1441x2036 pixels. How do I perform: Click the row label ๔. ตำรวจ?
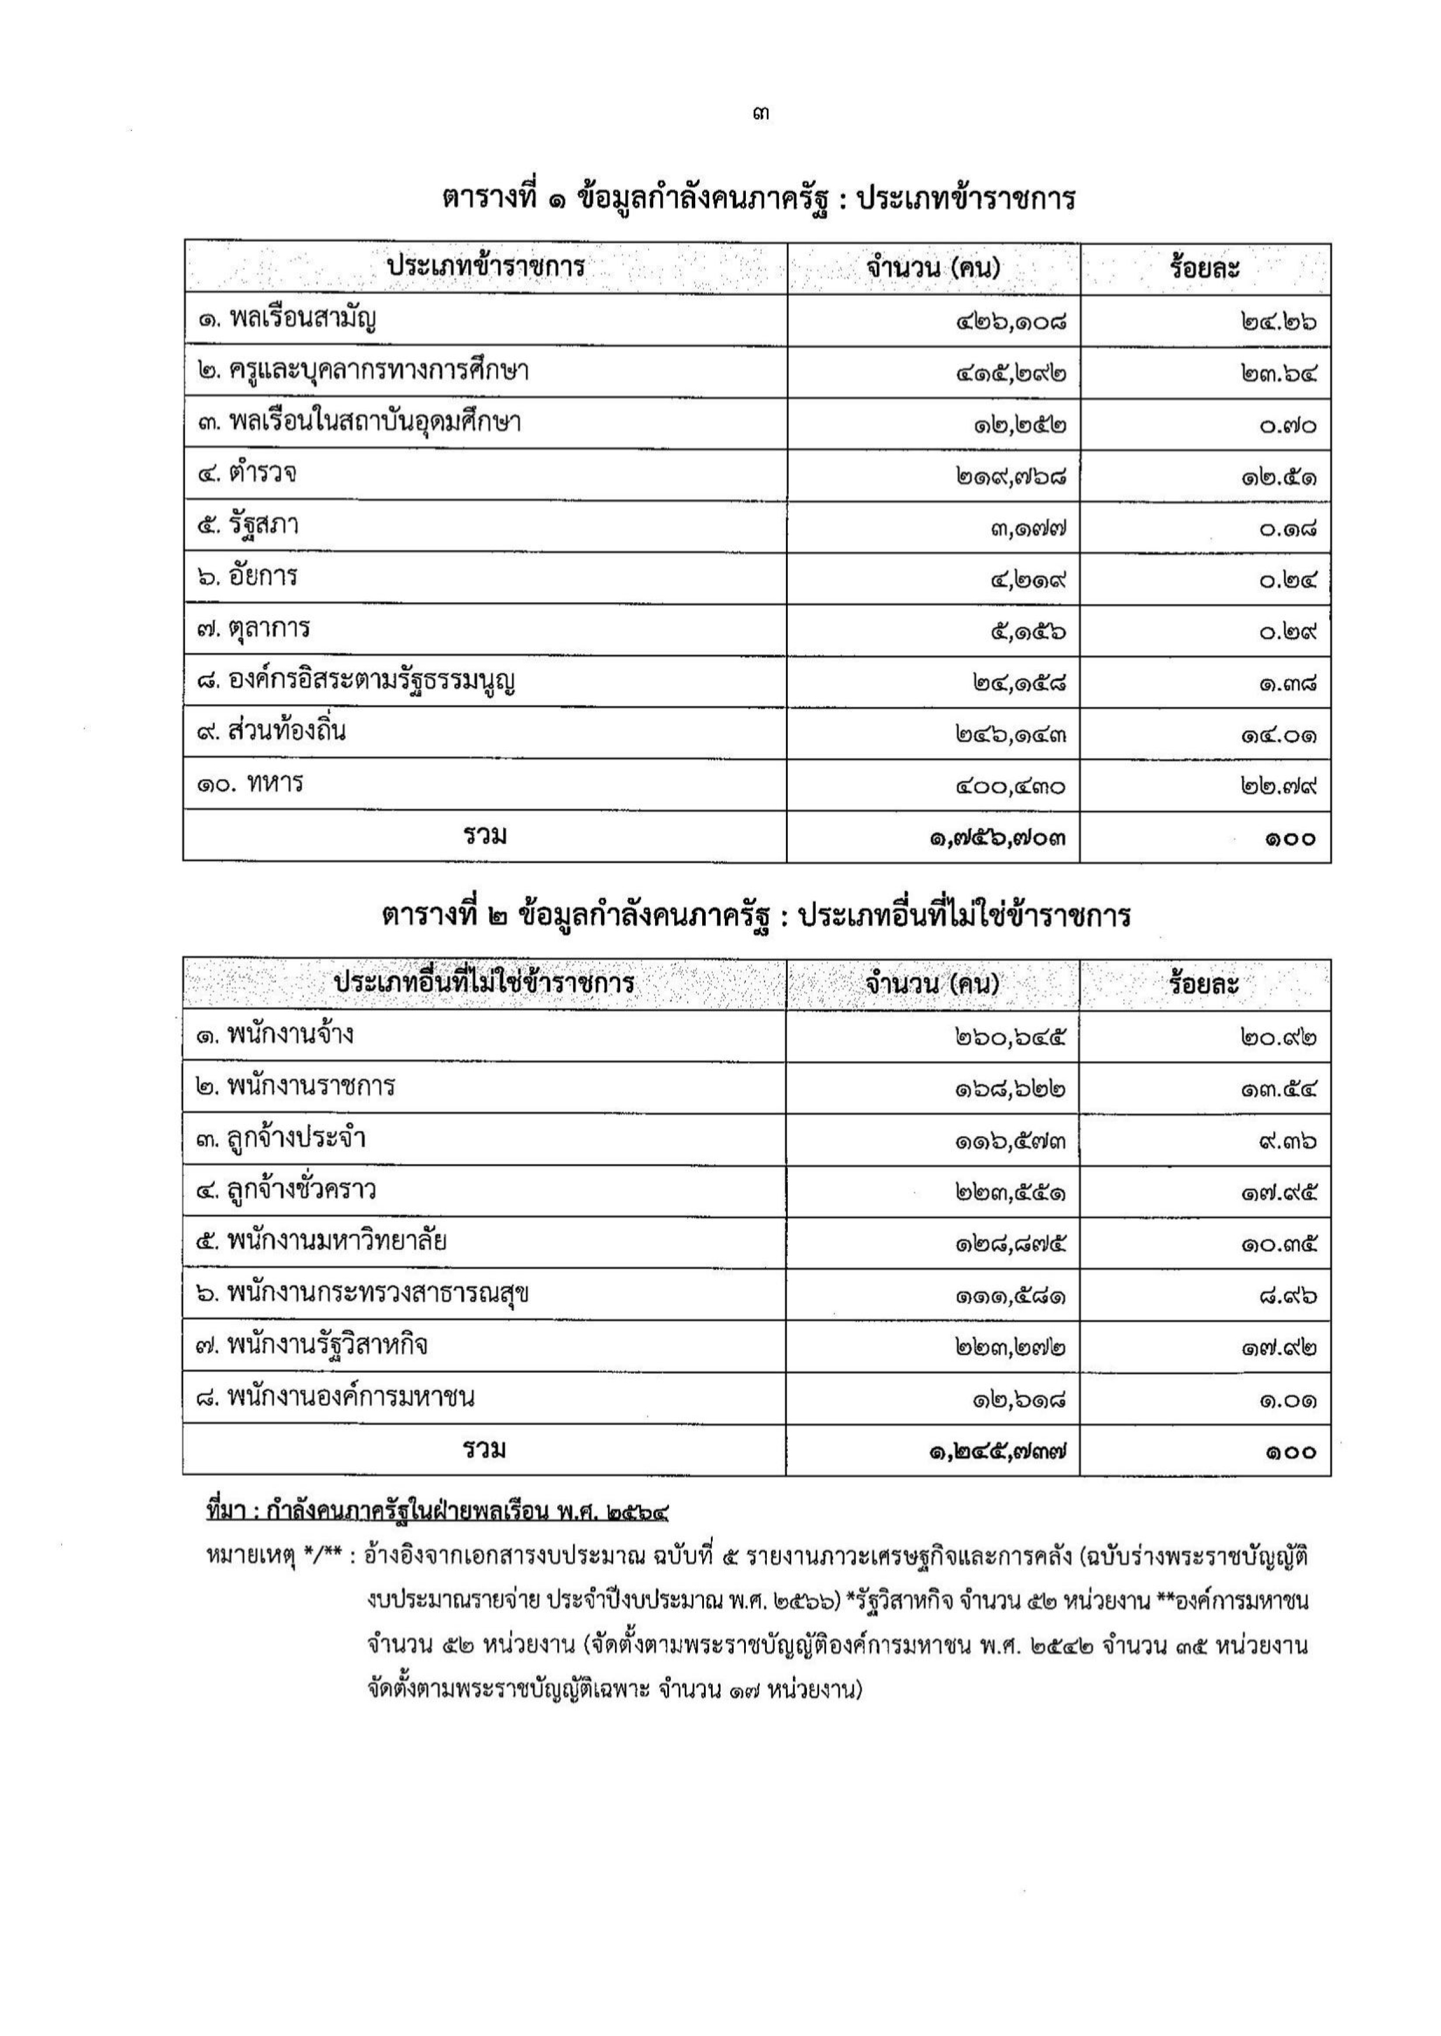tap(247, 474)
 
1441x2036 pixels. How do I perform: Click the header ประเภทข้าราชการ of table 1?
tap(486, 266)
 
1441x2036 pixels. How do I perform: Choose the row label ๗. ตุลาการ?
tap(253, 629)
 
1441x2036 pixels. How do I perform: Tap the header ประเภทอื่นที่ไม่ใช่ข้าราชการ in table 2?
tap(484, 984)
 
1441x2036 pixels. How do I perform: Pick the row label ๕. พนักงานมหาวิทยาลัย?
tap(321, 1242)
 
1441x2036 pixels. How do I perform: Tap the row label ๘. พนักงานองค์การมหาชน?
tap(335, 1397)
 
